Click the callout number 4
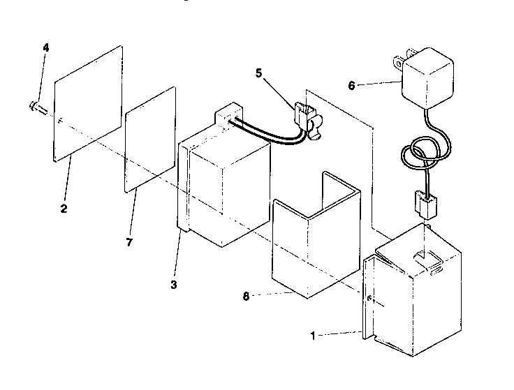[x=46, y=47]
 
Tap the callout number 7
[x=130, y=241]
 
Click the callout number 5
[x=258, y=73]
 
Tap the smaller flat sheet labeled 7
[x=149, y=140]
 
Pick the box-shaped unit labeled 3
[x=227, y=188]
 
